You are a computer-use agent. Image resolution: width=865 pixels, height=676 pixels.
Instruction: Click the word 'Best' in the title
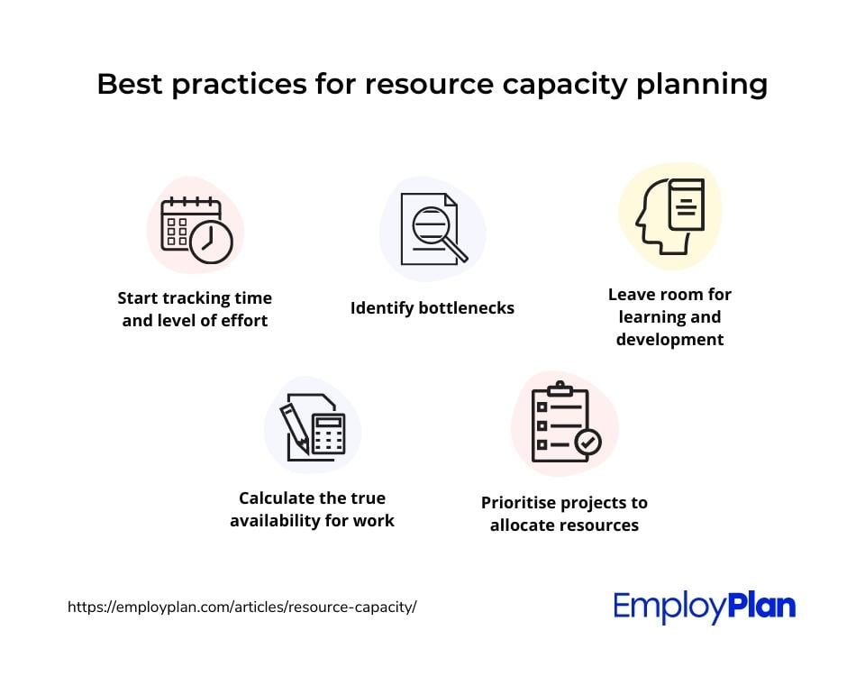click(x=130, y=84)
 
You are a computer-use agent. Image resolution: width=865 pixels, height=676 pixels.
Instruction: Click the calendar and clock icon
click(x=196, y=230)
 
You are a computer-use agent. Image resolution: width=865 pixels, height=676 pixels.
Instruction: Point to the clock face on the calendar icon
click(x=211, y=242)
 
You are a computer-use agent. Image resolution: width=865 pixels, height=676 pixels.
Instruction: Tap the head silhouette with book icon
click(x=669, y=215)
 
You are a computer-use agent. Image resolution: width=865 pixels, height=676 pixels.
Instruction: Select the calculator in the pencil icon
click(x=329, y=434)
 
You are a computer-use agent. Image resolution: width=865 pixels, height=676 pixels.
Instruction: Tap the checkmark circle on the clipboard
click(x=588, y=442)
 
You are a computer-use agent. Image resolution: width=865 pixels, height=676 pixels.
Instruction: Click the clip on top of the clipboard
click(x=560, y=388)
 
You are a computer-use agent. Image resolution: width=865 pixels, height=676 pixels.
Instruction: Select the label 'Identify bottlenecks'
click(x=432, y=308)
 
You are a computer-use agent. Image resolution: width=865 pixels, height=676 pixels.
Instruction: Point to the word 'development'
click(x=669, y=340)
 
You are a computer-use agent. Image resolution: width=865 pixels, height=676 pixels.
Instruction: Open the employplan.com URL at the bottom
click(x=242, y=607)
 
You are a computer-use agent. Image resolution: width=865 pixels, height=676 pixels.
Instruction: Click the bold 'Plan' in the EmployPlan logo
click(x=762, y=606)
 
